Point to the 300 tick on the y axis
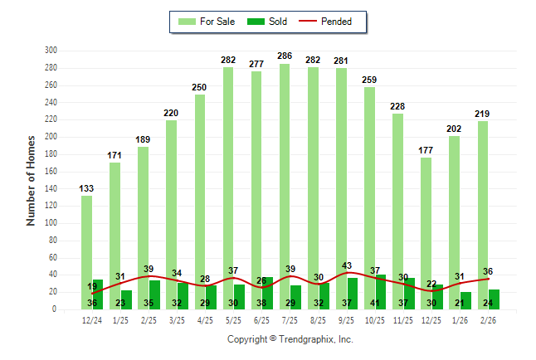point(51,51)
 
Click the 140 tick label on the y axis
point(51,189)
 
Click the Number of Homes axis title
point(32,180)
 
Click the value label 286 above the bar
point(285,56)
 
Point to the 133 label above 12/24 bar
point(86,188)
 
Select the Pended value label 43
point(347,265)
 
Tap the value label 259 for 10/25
point(369,80)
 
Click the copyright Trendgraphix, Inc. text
point(290,339)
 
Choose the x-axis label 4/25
point(199,320)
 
